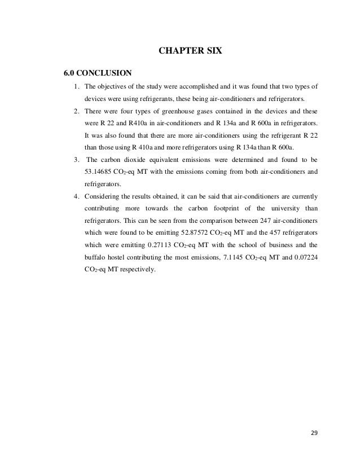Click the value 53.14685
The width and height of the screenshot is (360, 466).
coord(100,171)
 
